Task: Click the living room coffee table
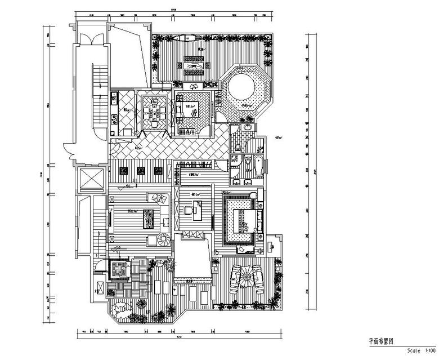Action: (x=149, y=216)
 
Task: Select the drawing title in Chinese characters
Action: (x=380, y=341)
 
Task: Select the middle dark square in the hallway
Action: (x=141, y=170)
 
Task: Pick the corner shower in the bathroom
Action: (x=235, y=165)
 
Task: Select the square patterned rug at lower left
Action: (x=118, y=270)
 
